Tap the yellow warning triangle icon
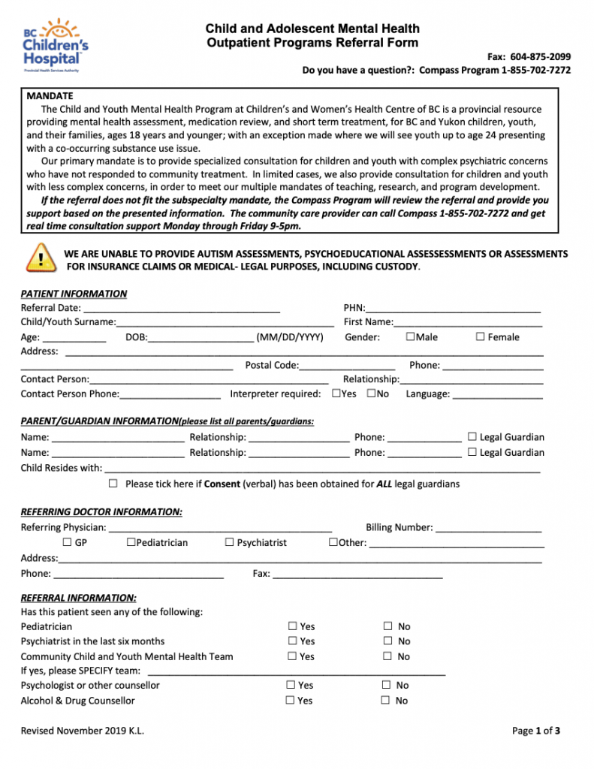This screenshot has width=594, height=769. pos(40,258)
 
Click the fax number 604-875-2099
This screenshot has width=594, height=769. pos(540,56)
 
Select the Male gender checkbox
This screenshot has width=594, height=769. pos(410,337)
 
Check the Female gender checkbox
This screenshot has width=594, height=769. pos(480,337)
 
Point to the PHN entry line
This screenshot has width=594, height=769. pos(453,309)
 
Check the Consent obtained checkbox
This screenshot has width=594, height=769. pos(113,484)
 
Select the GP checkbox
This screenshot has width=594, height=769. pos(67,542)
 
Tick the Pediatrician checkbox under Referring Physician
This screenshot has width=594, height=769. pos(131,542)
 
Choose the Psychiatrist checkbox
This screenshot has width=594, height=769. pos(229,542)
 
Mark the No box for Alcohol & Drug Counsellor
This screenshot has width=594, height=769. pos(385,701)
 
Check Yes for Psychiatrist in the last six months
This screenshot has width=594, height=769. pos(292,641)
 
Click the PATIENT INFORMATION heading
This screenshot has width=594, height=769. pos(74,294)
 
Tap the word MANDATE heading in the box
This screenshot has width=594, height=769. pos(50,96)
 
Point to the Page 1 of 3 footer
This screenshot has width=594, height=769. pos(536,731)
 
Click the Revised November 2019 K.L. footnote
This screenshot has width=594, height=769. pos(83,731)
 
